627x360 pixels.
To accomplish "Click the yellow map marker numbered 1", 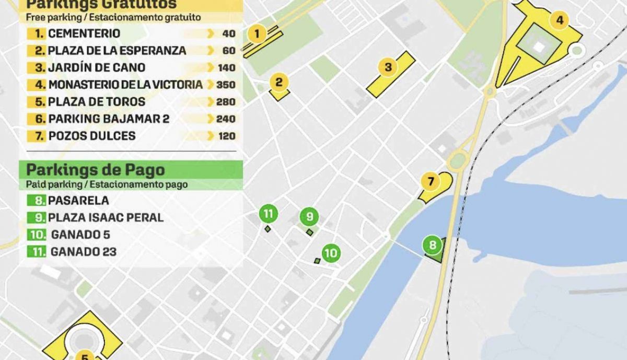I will pos(257,34).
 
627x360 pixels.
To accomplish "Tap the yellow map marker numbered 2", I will pos(279,82).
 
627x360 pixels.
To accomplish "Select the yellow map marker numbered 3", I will pos(388,67).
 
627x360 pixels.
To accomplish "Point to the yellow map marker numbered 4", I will pos(560,21).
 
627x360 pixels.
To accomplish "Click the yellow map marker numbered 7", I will pos(431,182).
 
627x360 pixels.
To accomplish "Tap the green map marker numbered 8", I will pos(433,245).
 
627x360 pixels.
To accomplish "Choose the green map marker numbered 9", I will pos(309,216).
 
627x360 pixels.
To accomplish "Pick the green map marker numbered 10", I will pos(331,254).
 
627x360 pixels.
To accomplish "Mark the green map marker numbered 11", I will pos(268,213).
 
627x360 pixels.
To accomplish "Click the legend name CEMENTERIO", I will pos(84,33).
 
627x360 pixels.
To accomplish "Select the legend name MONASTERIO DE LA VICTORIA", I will pos(125,85).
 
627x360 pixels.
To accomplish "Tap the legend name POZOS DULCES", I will pos(92,136).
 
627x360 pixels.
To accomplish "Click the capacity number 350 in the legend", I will pos(226,85).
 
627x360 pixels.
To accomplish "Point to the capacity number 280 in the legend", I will pos(226,102).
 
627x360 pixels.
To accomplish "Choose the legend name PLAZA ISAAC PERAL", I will pos(106,217).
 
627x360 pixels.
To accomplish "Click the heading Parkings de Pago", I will pos(96,170).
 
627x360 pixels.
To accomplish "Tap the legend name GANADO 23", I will pos(84,252).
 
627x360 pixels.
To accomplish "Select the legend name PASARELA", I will pos(79,200).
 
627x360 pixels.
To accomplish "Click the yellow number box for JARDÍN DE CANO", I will pos(39,67).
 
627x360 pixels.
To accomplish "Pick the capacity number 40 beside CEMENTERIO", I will pos(228,34).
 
